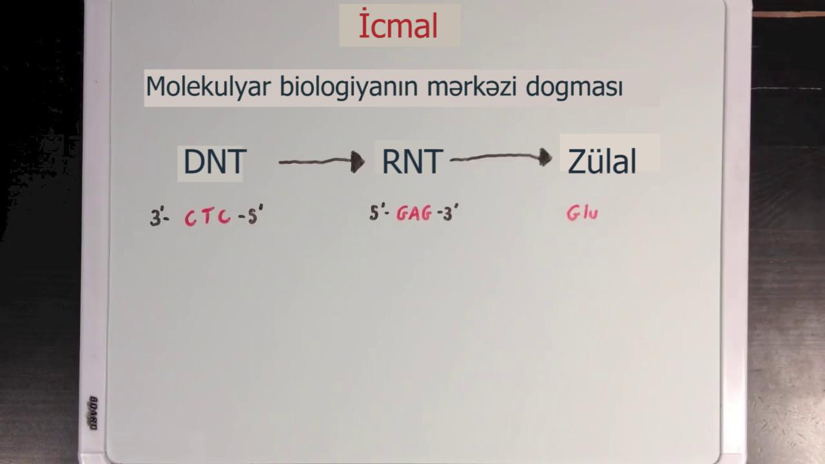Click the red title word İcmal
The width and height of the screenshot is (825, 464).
[398, 24]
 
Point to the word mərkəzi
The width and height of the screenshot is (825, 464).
[471, 87]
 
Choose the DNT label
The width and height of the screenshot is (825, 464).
[215, 161]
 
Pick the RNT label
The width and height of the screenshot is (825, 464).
[412, 161]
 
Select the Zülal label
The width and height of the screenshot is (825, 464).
[602, 161]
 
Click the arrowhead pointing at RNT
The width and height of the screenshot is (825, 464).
[357, 162]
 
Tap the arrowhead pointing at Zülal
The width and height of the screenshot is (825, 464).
[545, 157]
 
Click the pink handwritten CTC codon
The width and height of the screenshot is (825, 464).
[208, 217]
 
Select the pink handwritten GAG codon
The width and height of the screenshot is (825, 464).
[414, 213]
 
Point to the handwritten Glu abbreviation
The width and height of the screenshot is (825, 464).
[582, 213]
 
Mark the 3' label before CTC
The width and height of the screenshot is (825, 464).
[159, 217]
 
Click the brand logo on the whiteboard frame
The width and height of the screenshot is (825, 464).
[93, 412]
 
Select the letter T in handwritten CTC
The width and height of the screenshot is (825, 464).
[207, 216]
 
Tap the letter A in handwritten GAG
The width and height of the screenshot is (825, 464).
[414, 213]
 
